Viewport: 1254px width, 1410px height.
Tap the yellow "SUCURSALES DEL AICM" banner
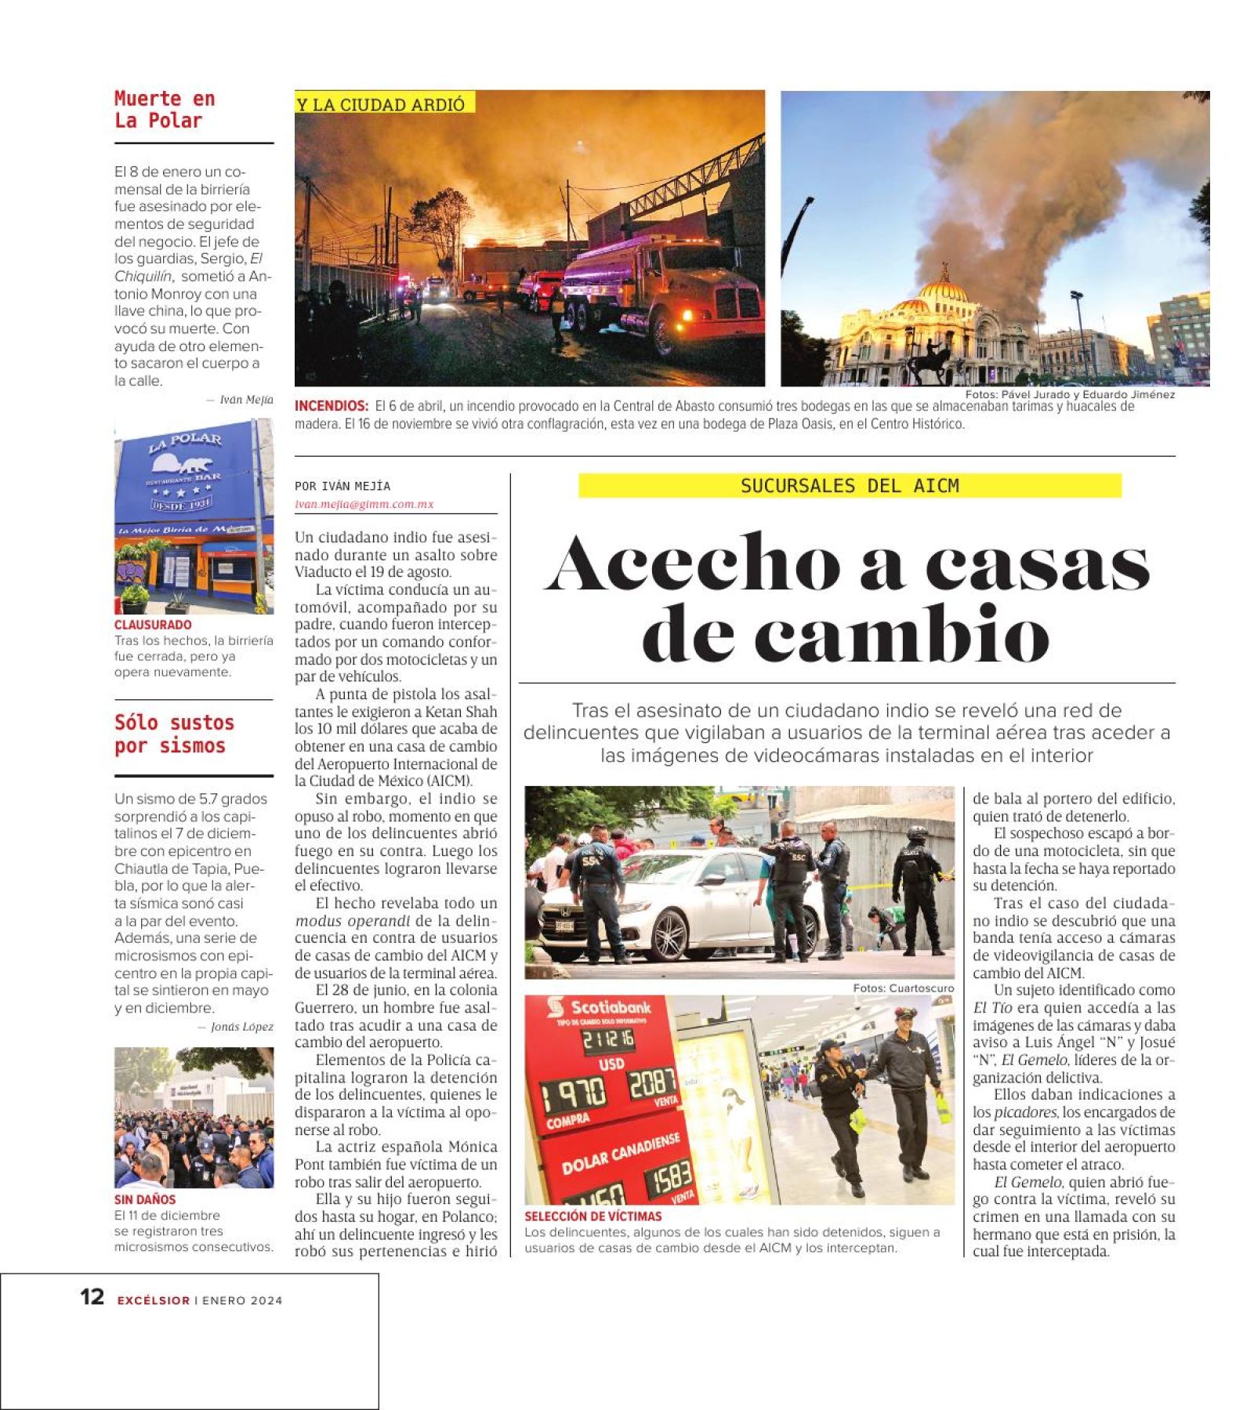pos(850,486)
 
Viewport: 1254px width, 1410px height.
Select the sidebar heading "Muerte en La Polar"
pos(165,110)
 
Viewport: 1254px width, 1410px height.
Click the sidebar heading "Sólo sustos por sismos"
pos(174,734)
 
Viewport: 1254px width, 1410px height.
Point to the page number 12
pos(92,1297)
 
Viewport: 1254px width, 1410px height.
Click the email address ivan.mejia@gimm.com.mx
pos(364,504)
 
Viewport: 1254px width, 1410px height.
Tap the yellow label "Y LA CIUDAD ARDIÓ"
pos(381,104)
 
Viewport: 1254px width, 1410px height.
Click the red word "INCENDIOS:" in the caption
pos(332,406)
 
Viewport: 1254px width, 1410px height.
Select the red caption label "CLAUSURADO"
pos(153,625)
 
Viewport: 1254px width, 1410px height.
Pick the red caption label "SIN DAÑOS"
pos(145,1199)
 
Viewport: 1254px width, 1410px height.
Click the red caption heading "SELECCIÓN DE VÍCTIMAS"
pos(593,1216)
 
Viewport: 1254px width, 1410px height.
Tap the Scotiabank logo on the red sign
pos(600,1008)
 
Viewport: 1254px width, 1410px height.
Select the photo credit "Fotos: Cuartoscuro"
pos(903,988)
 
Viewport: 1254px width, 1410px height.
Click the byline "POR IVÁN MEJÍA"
pos(342,486)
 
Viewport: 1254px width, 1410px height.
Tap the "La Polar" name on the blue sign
pos(185,443)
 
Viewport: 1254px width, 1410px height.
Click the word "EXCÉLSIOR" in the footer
pos(154,1300)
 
